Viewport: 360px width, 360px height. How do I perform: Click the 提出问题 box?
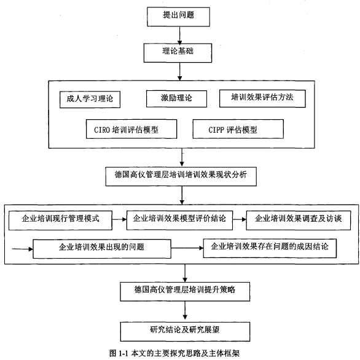tap(178, 17)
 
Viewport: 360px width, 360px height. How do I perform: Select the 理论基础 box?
tap(178, 53)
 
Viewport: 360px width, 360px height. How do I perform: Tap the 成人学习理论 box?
tap(90, 100)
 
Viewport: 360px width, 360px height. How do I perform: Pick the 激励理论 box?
tap(176, 99)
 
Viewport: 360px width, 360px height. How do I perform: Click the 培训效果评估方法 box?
tap(262, 98)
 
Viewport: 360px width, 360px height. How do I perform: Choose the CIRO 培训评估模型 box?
tap(131, 129)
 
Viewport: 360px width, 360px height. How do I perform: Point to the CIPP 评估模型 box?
tap(238, 129)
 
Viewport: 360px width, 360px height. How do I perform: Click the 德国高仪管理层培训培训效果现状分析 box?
tap(181, 176)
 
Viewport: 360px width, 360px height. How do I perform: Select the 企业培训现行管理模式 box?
tap(60, 221)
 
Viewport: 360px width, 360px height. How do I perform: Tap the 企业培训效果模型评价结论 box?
tap(179, 221)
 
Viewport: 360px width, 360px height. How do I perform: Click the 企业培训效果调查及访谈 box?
tap(299, 221)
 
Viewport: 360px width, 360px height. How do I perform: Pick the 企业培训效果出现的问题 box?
tap(102, 249)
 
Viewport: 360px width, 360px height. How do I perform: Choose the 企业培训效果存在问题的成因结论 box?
tap(270, 248)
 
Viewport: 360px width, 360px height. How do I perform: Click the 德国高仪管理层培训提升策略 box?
tap(185, 292)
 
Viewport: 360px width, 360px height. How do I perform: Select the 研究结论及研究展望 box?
tap(185, 332)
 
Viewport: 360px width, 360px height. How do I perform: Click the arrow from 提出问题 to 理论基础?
tap(180, 35)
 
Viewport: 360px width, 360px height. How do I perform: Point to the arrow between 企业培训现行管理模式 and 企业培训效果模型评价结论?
tap(119, 219)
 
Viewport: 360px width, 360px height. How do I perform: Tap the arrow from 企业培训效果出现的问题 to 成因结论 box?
tap(187, 248)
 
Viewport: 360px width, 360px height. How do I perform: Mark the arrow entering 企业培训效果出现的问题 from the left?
tap(23, 249)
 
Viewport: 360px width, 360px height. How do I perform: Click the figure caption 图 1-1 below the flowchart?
tap(174, 353)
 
